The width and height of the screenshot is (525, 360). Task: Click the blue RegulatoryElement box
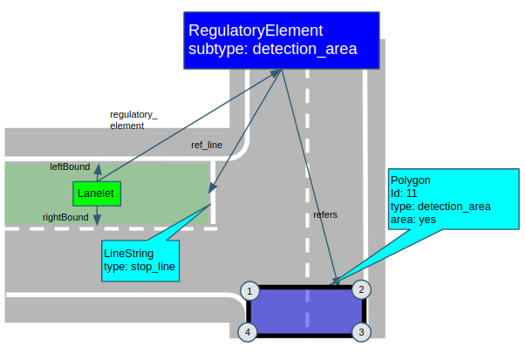point(281,40)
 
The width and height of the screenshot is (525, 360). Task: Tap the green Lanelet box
point(96,194)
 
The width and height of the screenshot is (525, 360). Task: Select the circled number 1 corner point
point(249,290)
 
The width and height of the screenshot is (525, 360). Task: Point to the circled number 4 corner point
point(249,332)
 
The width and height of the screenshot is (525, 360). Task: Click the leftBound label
point(70,166)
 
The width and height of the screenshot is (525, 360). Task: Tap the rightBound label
point(65,217)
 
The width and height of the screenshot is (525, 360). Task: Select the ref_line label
point(207,145)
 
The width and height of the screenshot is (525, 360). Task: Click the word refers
point(325,214)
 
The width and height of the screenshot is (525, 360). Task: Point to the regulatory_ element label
point(133,120)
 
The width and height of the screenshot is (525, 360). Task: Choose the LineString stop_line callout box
point(140,260)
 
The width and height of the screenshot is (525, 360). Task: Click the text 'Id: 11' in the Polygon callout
point(406,194)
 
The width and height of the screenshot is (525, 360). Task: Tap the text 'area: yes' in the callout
point(414,220)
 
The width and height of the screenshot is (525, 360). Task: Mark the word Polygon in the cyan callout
point(411,180)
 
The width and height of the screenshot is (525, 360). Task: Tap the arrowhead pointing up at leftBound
point(97,166)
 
